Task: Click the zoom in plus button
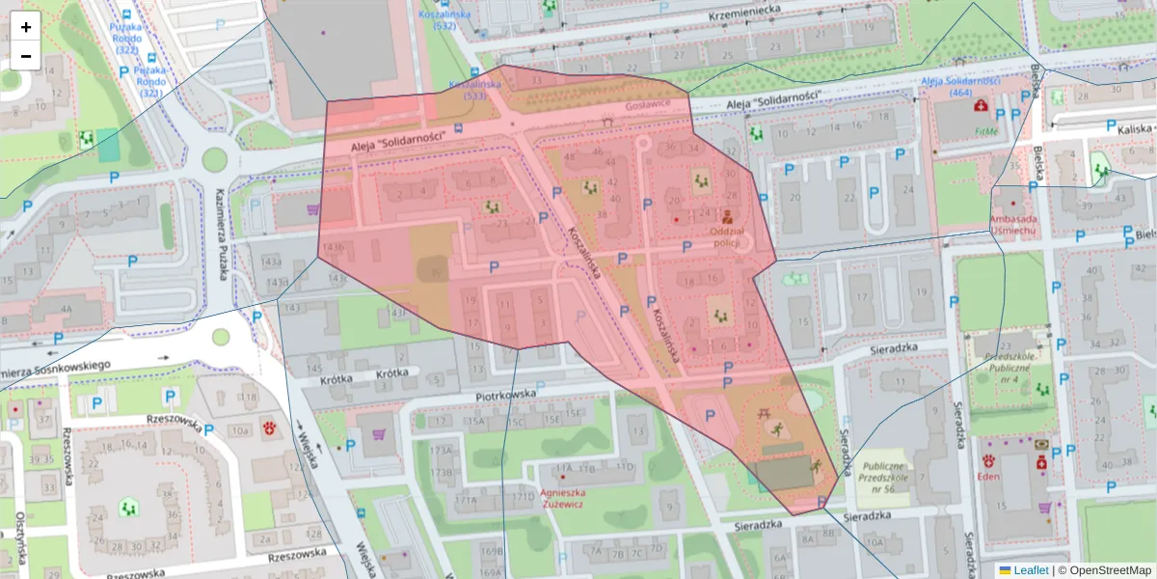coord(26,27)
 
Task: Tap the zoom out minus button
coord(26,56)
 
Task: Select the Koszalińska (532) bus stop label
coord(444,20)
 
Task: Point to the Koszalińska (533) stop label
coord(475,91)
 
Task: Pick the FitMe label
coord(985,131)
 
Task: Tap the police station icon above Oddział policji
coord(726,215)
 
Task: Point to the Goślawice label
coord(647,105)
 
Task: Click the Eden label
coord(987,476)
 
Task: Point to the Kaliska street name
coord(1136,128)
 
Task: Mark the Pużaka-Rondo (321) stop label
coord(150,81)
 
